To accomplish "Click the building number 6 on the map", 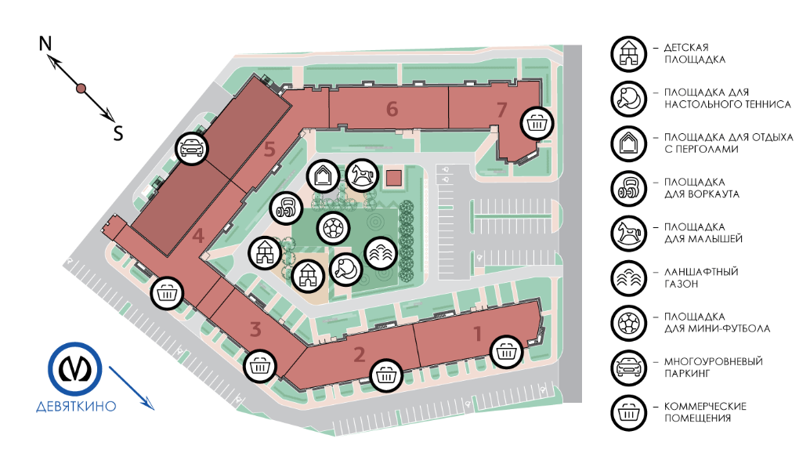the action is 392,109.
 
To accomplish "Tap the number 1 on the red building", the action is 478,334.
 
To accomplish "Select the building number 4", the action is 198,235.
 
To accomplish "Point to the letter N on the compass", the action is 45,44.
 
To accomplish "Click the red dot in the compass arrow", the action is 81,89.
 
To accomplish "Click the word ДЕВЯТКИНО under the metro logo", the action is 76,406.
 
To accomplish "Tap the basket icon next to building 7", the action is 537,122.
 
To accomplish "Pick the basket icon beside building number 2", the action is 385,375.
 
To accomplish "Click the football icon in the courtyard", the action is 332,228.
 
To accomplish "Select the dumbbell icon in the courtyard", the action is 286,209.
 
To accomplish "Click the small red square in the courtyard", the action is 394,178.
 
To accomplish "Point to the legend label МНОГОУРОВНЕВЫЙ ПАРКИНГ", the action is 713,368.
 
